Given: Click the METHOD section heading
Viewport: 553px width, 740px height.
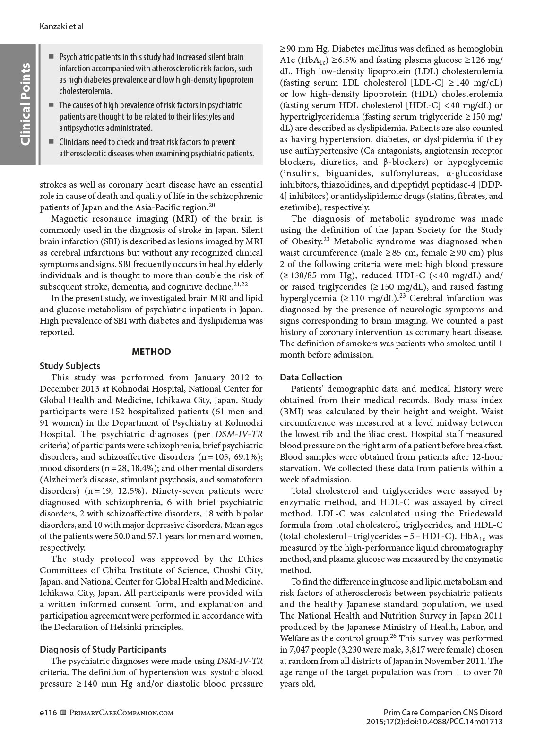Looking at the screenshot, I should [x=151, y=352].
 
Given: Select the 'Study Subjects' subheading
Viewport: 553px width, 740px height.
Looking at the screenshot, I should [x=70, y=366].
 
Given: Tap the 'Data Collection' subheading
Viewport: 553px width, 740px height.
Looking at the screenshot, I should [x=311, y=377].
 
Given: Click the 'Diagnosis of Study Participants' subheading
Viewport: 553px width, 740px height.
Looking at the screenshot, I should [x=103, y=649].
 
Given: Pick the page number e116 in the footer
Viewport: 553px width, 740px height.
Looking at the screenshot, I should [x=48, y=712].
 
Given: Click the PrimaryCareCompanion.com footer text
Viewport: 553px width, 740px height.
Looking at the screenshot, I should [x=121, y=713].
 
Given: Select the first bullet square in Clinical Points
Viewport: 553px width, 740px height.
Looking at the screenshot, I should [x=52, y=57].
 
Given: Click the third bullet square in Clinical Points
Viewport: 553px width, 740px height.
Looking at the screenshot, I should [x=52, y=142].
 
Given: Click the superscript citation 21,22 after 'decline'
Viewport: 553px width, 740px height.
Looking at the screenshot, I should [x=241, y=284].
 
